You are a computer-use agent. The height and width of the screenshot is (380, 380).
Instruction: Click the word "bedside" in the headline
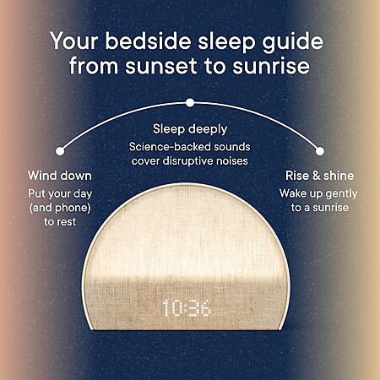[149, 41]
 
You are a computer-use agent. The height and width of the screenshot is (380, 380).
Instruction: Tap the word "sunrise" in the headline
[271, 66]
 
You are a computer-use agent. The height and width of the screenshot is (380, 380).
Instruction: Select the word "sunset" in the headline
[161, 67]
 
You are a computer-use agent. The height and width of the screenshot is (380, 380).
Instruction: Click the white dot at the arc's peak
[190, 103]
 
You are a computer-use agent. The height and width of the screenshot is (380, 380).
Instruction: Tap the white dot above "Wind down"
[60, 151]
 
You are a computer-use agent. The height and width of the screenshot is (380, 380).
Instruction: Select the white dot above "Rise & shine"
[320, 151]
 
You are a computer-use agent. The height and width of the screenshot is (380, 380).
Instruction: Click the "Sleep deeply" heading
[190, 129]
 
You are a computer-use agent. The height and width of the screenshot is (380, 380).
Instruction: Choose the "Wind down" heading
[60, 176]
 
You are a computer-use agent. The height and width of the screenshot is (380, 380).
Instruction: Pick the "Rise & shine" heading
[320, 176]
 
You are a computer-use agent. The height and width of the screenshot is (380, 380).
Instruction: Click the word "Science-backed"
[170, 147]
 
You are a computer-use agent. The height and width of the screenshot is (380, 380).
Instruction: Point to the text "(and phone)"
[60, 208]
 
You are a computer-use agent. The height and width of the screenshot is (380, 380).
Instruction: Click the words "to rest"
[60, 222]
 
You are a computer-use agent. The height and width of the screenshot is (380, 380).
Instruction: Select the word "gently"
[341, 194]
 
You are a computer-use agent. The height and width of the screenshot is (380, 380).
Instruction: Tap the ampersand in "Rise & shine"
[317, 176]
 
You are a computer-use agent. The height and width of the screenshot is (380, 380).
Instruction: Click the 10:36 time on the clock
[187, 308]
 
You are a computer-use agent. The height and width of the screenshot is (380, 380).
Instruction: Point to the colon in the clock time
[185, 308]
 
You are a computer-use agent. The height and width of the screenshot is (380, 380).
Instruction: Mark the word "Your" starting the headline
[74, 41]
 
